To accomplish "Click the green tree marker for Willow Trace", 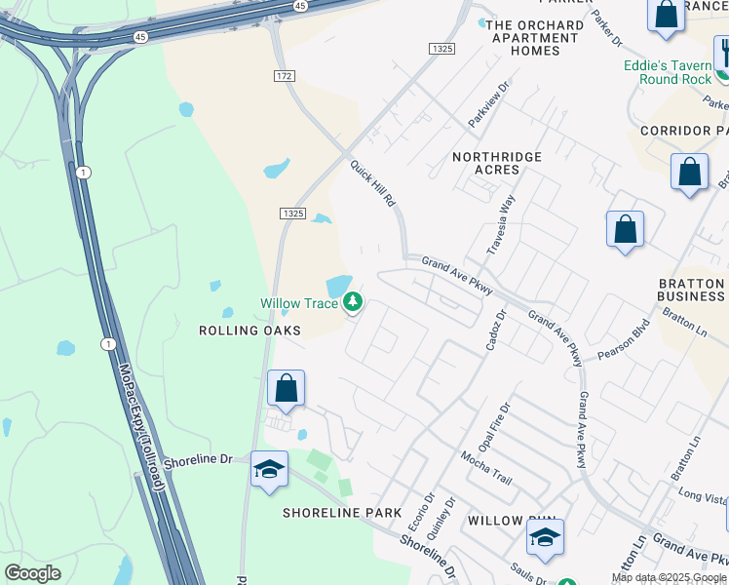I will pos(353,303).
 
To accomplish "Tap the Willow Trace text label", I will pos(298,303).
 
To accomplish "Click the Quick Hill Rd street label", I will pos(373,184).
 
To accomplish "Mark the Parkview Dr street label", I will pos(488,104).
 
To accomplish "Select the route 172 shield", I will pos(284,75).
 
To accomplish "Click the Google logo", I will pos(32,573).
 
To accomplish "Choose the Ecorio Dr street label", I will pos(419,514).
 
